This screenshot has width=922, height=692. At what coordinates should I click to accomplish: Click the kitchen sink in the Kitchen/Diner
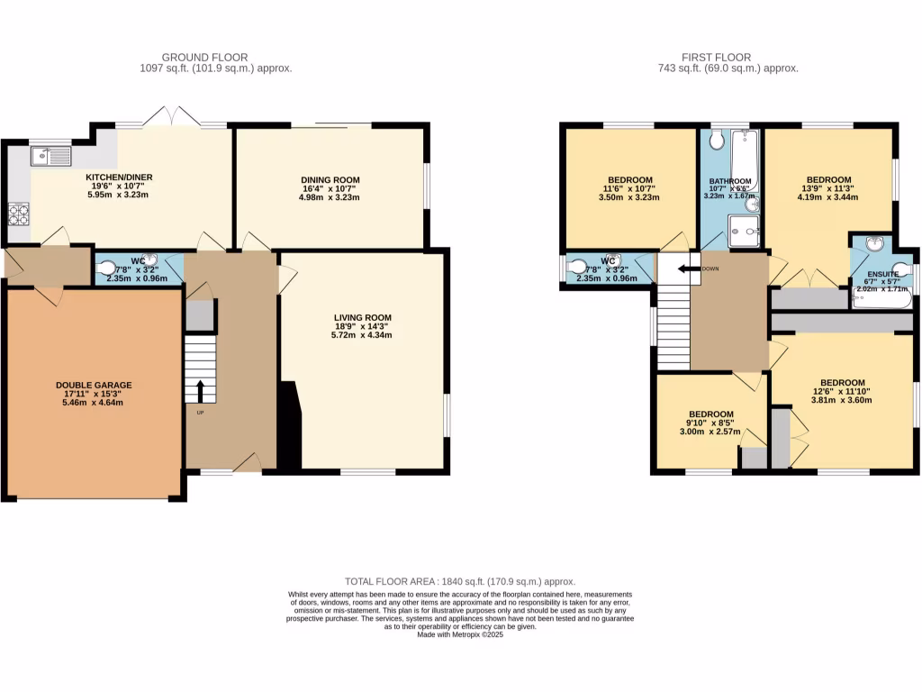[51, 157]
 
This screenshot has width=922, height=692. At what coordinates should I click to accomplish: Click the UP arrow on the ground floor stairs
[200, 390]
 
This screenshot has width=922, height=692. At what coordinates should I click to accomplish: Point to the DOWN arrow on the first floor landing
[691, 269]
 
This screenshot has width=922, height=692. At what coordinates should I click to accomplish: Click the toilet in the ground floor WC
[108, 268]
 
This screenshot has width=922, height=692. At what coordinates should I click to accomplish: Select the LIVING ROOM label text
[362, 317]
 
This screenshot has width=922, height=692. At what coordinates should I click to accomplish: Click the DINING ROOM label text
[330, 180]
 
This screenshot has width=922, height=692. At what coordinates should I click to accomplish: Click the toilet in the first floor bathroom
[718, 141]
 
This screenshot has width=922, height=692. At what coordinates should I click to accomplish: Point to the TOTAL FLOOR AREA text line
[460, 582]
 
